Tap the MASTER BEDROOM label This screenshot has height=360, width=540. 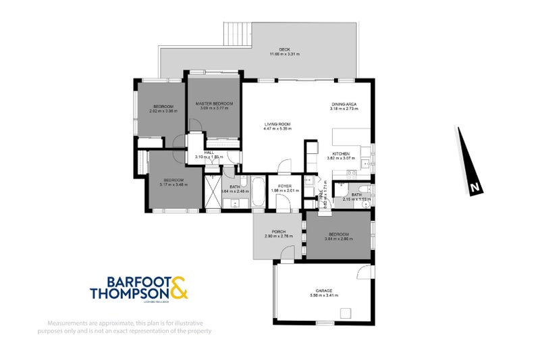[214, 103]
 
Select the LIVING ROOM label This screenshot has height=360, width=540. [277, 124]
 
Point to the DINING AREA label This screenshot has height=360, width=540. [343, 104]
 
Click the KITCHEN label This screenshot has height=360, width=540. [340, 154]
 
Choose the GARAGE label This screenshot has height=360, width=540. [323, 290]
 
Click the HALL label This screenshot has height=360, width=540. [209, 153]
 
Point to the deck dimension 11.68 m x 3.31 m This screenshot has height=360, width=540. [284, 54]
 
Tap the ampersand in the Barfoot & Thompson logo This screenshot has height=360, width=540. [178, 287]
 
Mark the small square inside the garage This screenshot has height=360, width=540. [346, 312]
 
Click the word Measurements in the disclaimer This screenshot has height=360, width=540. [66, 322]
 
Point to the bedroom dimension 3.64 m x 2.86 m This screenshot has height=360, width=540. [337, 238]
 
